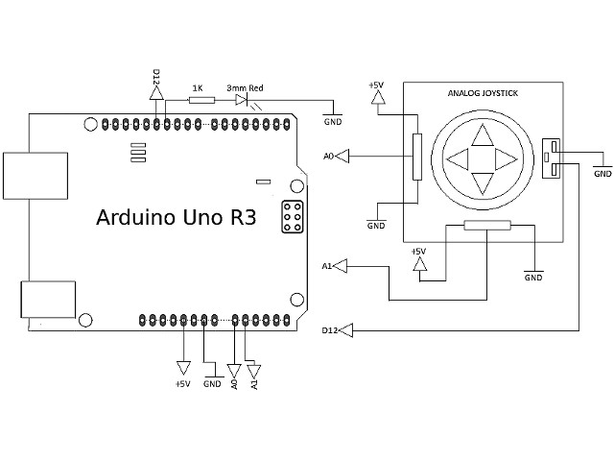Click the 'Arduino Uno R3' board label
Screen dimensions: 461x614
click(x=176, y=217)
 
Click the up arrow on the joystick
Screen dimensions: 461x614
click(x=482, y=133)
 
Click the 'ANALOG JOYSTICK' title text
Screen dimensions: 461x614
click(x=483, y=94)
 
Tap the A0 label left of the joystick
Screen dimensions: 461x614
click(x=329, y=155)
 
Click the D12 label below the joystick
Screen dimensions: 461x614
click(x=329, y=330)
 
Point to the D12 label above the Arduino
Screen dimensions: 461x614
click(x=156, y=76)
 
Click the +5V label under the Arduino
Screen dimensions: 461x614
click(x=182, y=384)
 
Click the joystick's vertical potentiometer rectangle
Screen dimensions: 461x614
click(x=416, y=156)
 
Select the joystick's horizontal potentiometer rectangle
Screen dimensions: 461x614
click(x=487, y=227)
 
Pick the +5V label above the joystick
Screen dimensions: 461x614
click(x=376, y=85)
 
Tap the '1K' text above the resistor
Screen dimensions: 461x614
click(x=198, y=87)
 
